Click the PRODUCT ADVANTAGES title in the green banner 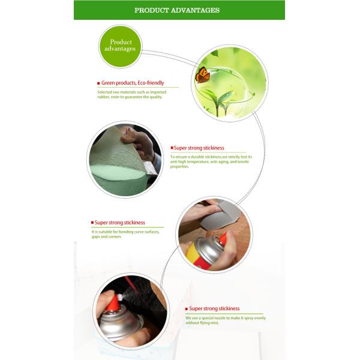pyautogui.click(x=177, y=10)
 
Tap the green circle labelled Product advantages pyautogui.click(x=120, y=46)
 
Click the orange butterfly pyautogui.click(x=203, y=74)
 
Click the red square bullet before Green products pyautogui.click(x=98, y=83)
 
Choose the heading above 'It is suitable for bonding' pyautogui.click(x=119, y=223)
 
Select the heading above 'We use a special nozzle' pyautogui.click(x=214, y=308)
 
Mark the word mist pyautogui.click(x=215, y=323)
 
